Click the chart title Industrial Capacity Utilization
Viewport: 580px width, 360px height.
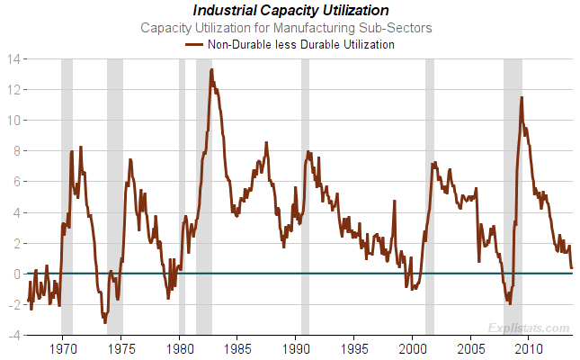(290, 11)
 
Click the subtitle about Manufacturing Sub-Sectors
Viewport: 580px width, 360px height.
(290, 27)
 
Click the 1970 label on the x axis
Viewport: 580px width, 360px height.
(63, 347)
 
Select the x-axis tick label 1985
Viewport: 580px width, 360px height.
(237, 347)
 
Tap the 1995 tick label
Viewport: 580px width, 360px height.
(354, 347)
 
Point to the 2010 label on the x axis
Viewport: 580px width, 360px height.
(529, 347)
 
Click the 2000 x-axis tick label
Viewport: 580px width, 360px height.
(413, 347)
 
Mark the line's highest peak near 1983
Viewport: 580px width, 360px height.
(211, 70)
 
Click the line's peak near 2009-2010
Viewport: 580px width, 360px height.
(522, 97)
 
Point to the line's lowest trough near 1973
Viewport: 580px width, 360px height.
(104, 321)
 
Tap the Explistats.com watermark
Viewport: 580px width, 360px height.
(531, 328)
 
